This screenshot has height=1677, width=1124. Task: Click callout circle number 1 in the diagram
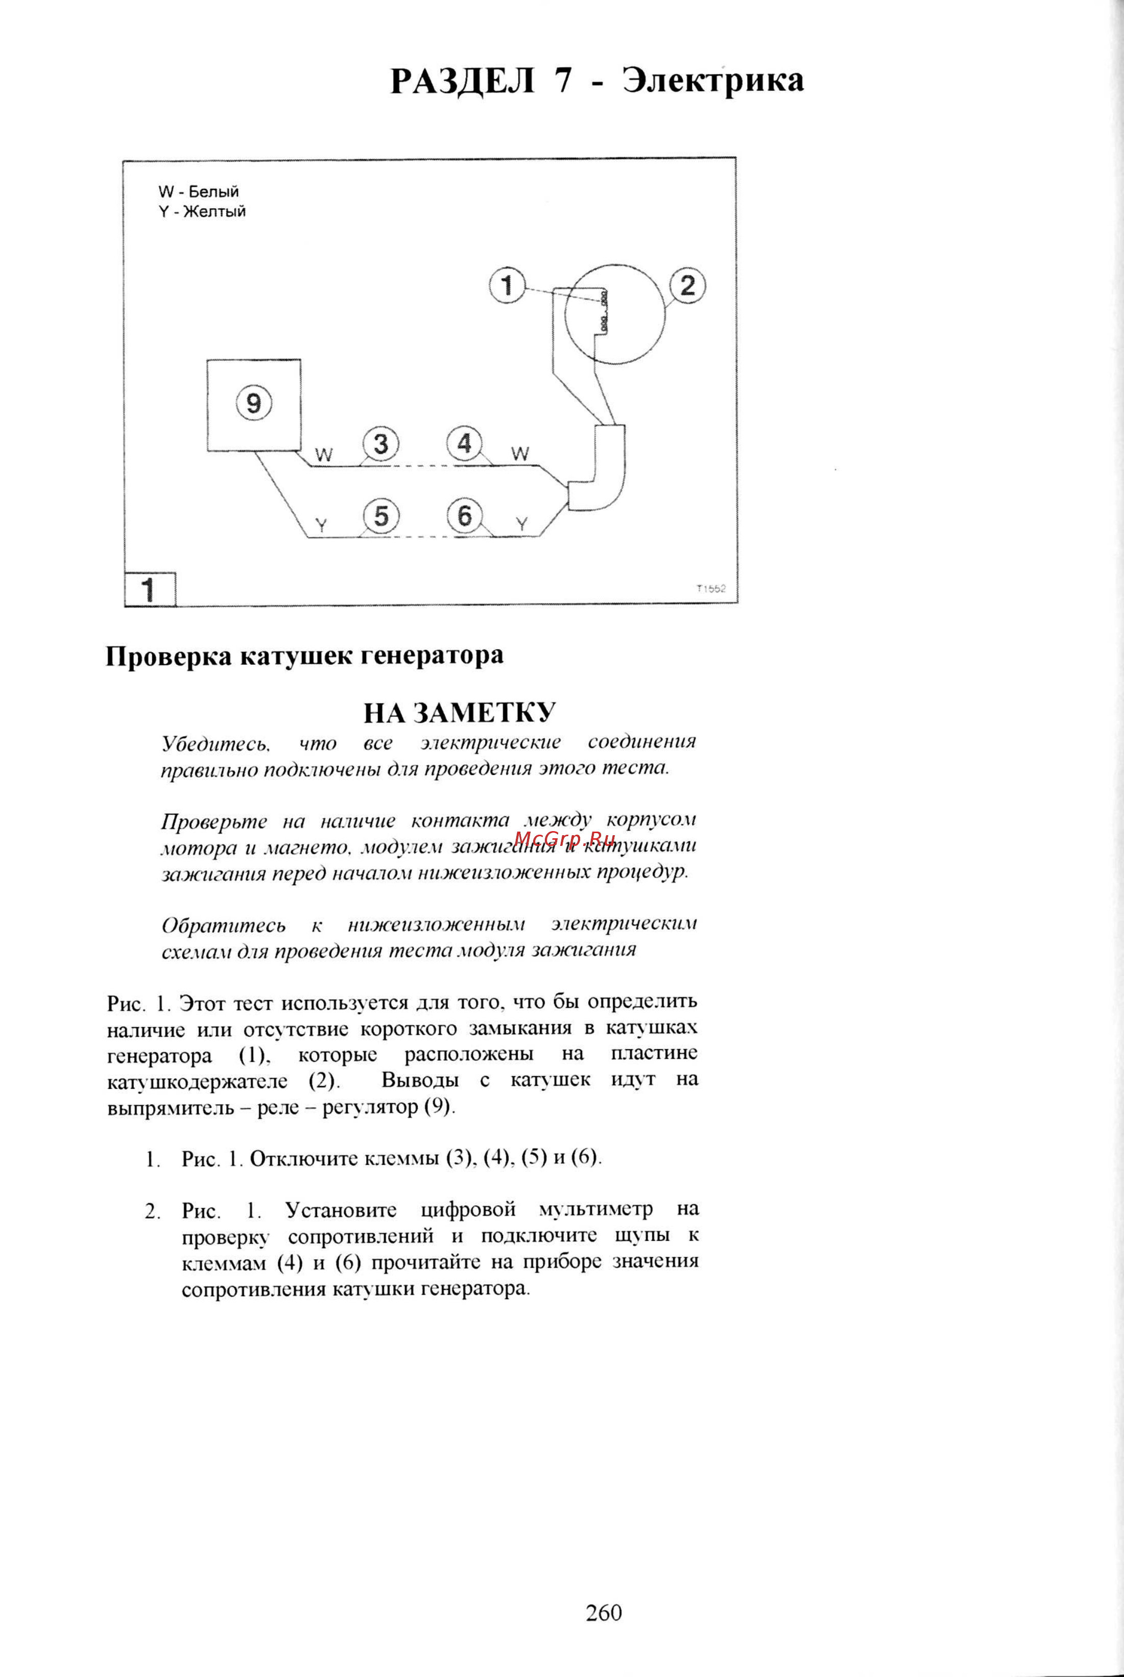[x=508, y=286]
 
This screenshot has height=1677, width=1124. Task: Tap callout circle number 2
[x=687, y=286]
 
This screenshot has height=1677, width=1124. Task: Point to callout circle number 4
[x=465, y=444]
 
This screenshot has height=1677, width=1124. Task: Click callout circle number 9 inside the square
[x=254, y=403]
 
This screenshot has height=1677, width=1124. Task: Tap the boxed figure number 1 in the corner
[x=149, y=590]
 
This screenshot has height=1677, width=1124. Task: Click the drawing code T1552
[x=710, y=589]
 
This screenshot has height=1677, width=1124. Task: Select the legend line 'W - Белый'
[x=199, y=192]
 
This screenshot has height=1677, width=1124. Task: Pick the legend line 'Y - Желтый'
[x=202, y=211]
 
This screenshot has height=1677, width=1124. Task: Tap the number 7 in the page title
[x=563, y=80]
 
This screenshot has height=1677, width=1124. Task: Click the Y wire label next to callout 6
[x=522, y=525]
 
